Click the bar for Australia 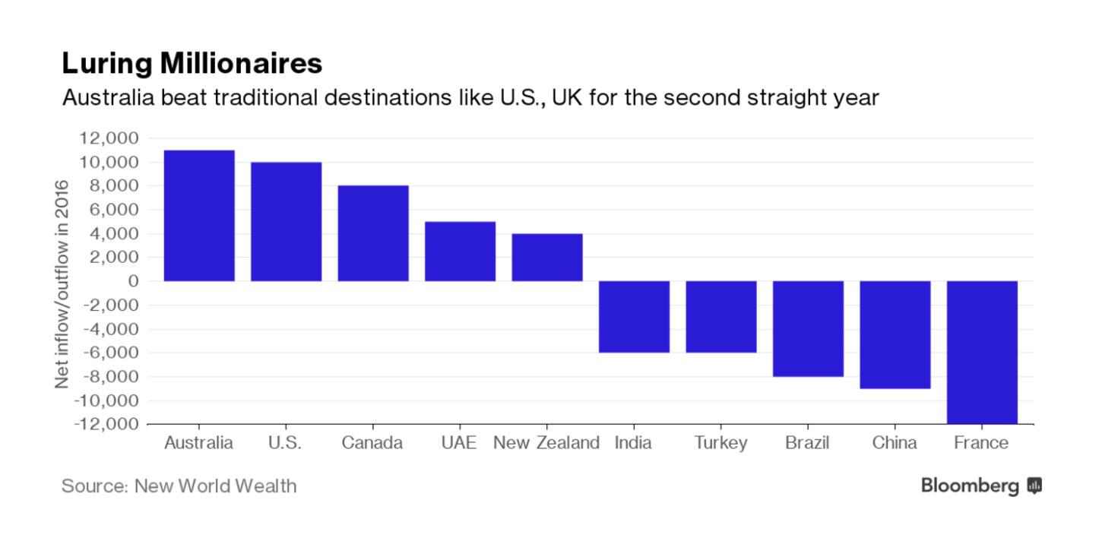tap(199, 216)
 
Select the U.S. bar tap(286, 222)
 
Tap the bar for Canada tap(373, 233)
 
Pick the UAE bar tap(460, 252)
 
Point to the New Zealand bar tap(547, 258)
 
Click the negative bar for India tap(634, 317)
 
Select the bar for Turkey tap(721, 317)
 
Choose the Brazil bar tap(808, 329)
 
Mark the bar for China tap(895, 335)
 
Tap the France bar tap(982, 352)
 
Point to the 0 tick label tap(133, 281)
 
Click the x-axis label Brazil tap(808, 443)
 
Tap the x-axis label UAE tap(460, 443)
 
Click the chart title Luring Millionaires tap(192, 64)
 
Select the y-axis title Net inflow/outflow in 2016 tap(62, 283)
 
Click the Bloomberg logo tap(980, 486)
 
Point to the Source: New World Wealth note tap(179, 486)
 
